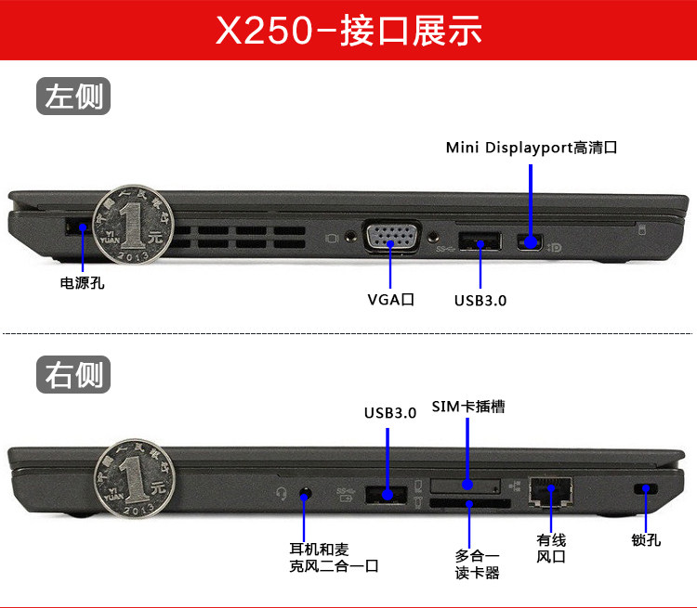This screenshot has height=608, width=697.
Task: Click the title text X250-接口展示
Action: pyautogui.click(x=348, y=30)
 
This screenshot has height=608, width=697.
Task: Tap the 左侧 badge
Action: pyautogui.click(x=72, y=96)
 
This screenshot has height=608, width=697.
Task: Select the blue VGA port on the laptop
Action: pyautogui.click(x=392, y=238)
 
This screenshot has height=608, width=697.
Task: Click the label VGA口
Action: pyautogui.click(x=390, y=299)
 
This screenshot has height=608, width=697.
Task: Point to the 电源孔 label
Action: pyautogui.click(x=82, y=283)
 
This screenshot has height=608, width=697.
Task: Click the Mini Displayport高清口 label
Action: pyautogui.click(x=531, y=148)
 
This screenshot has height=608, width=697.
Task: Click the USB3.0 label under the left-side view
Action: pyautogui.click(x=480, y=300)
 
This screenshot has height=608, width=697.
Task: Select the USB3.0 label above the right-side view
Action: pyautogui.click(x=389, y=413)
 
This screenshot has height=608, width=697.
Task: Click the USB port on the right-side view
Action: pyautogui.click(x=387, y=495)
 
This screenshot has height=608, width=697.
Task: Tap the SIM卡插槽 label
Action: pyautogui.click(x=468, y=407)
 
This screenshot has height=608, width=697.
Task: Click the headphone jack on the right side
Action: pyautogui.click(x=306, y=493)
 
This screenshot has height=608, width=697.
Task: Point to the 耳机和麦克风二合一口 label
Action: pyautogui.click(x=333, y=556)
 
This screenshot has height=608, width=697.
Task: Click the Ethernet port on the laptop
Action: pyautogui.click(x=550, y=491)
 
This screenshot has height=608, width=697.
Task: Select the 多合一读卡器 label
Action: pyautogui.click(x=478, y=563)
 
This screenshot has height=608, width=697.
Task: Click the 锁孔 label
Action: pyautogui.click(x=646, y=539)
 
